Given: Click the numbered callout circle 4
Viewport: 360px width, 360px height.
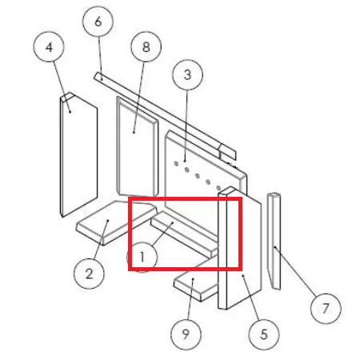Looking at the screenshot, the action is pyautogui.click(x=49, y=46).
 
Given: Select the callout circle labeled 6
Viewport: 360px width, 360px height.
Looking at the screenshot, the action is pyautogui.click(x=98, y=22).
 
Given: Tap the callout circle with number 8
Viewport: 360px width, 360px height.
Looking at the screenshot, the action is pyautogui.click(x=146, y=46).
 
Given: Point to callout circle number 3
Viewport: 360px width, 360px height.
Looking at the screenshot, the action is pyautogui.click(x=188, y=74).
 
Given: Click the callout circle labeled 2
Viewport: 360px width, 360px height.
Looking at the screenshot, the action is pyautogui.click(x=89, y=274).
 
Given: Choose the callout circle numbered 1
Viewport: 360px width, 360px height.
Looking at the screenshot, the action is pyautogui.click(x=142, y=257).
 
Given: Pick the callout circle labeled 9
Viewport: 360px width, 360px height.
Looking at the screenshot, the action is pyautogui.click(x=186, y=334).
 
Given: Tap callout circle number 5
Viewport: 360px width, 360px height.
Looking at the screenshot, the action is pyautogui.click(x=264, y=334).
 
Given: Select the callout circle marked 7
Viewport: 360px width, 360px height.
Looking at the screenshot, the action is pyautogui.click(x=326, y=309).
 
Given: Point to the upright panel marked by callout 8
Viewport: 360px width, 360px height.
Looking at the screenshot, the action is pyautogui.click(x=138, y=146).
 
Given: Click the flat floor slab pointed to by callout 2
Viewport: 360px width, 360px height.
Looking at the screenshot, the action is pyautogui.click(x=116, y=222).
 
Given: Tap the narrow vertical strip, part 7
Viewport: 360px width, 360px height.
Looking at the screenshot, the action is pyautogui.click(x=274, y=241).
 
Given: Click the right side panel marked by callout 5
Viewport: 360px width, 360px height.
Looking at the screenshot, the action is pyautogui.click(x=239, y=248).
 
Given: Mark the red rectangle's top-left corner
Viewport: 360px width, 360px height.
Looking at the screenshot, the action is pyautogui.click(x=130, y=198).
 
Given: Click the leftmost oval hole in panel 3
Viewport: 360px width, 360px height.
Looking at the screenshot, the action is pyautogui.click(x=176, y=164).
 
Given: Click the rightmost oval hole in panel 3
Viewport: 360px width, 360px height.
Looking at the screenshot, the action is pyautogui.click(x=218, y=188).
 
